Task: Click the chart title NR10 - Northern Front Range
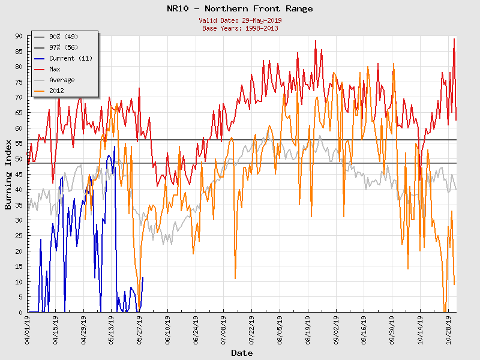239,9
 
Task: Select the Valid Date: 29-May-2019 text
239,20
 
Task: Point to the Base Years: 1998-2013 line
239,28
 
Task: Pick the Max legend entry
55,69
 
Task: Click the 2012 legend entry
57,91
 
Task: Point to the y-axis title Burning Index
8,175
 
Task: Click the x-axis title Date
242,353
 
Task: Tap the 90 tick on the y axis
19,36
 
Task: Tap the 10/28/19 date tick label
448,329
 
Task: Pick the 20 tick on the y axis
19,251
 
